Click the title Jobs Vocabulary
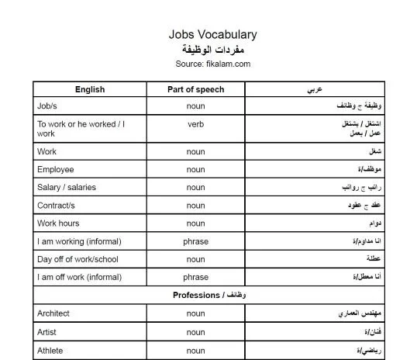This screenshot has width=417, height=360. [212, 35]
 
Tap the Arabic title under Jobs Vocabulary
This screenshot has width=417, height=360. [212, 49]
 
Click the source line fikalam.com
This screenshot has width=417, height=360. [212, 64]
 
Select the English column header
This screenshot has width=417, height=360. [90, 89]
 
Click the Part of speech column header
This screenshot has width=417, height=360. [195, 89]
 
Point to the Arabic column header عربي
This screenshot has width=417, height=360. [315, 89]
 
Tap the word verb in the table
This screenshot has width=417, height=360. [195, 124]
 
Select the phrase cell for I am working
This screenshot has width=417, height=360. [195, 241]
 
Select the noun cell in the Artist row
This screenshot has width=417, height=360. [195, 332]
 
